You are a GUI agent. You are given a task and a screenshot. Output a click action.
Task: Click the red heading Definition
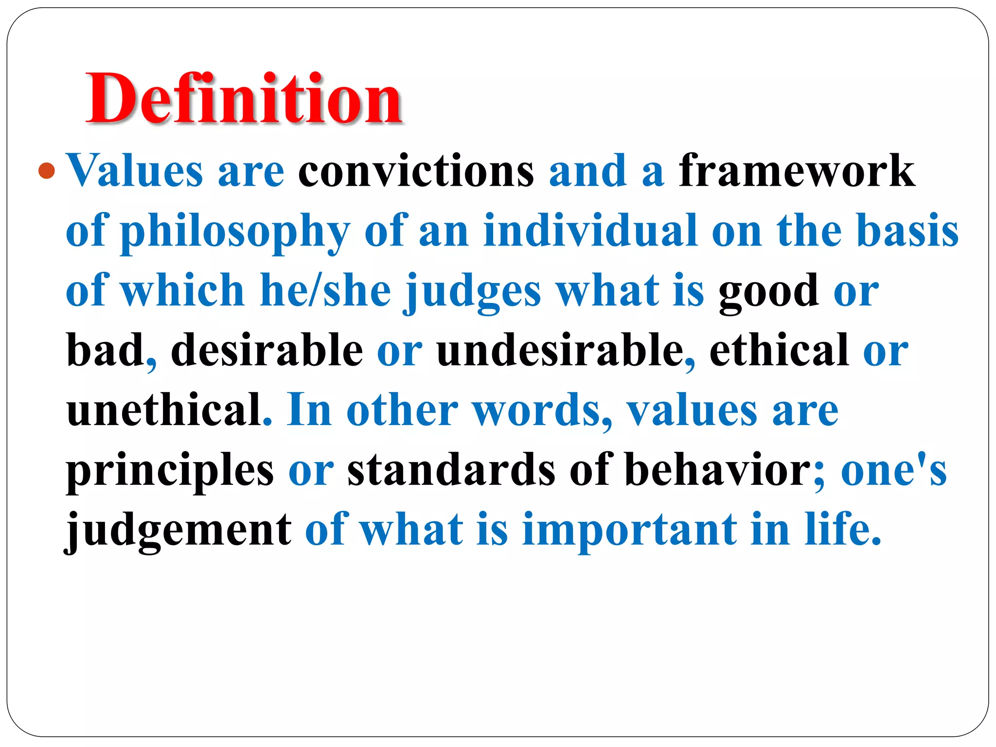[243, 99]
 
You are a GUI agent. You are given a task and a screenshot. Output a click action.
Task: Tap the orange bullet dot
[47, 171]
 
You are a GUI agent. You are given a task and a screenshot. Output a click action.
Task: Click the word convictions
[416, 171]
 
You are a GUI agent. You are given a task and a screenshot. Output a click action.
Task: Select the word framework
[797, 171]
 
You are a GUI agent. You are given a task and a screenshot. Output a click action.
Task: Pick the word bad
[105, 350]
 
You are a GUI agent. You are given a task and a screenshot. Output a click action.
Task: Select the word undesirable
[560, 350]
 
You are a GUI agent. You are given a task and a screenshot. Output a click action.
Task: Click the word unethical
[164, 410]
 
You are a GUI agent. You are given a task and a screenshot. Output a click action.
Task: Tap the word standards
[451, 470]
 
